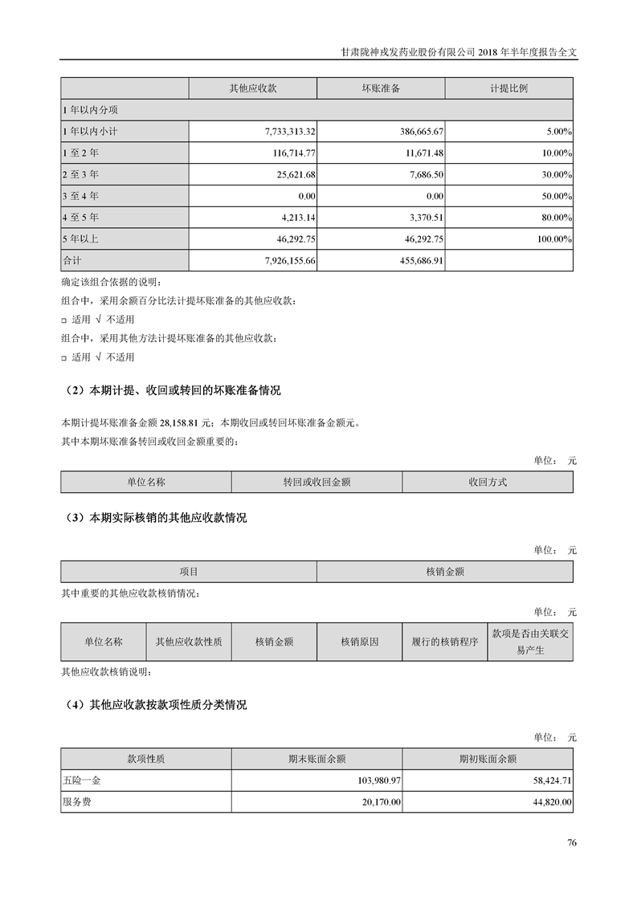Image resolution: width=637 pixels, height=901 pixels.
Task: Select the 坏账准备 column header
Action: point(381,88)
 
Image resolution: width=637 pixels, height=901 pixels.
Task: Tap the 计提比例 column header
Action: point(508,88)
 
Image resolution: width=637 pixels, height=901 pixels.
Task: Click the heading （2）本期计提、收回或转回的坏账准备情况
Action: point(172,391)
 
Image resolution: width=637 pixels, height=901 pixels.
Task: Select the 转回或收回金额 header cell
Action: point(316,482)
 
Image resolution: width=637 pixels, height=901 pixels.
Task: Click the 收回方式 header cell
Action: point(488,482)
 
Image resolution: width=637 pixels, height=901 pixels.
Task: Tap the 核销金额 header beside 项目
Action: point(445,572)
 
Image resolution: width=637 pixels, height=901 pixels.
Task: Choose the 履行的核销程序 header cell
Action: point(444,642)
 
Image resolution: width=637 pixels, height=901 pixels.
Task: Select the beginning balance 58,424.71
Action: point(546,780)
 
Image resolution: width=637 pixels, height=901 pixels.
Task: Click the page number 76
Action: point(572,842)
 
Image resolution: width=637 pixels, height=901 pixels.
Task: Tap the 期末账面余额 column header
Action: point(316,758)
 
